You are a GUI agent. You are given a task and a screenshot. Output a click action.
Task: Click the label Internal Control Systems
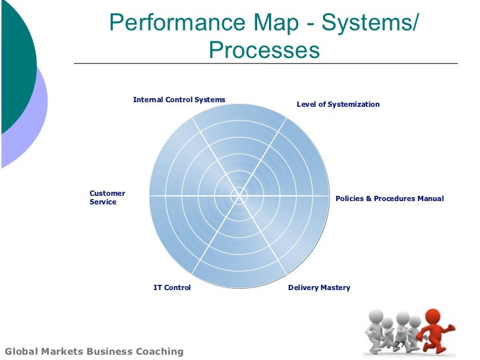(x=179, y=100)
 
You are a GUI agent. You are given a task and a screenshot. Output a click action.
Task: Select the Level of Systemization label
(x=338, y=104)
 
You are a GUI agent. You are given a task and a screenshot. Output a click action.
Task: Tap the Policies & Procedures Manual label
(x=390, y=198)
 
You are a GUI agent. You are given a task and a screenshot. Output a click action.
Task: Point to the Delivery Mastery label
(x=319, y=287)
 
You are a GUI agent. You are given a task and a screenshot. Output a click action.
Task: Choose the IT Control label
(x=172, y=287)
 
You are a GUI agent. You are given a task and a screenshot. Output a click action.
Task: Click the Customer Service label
(x=107, y=197)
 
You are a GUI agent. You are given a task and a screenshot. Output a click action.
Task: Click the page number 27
(x=400, y=345)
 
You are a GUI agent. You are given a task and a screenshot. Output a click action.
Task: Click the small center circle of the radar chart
(x=239, y=195)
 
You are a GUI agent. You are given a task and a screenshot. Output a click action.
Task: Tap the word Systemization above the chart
(x=355, y=104)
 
